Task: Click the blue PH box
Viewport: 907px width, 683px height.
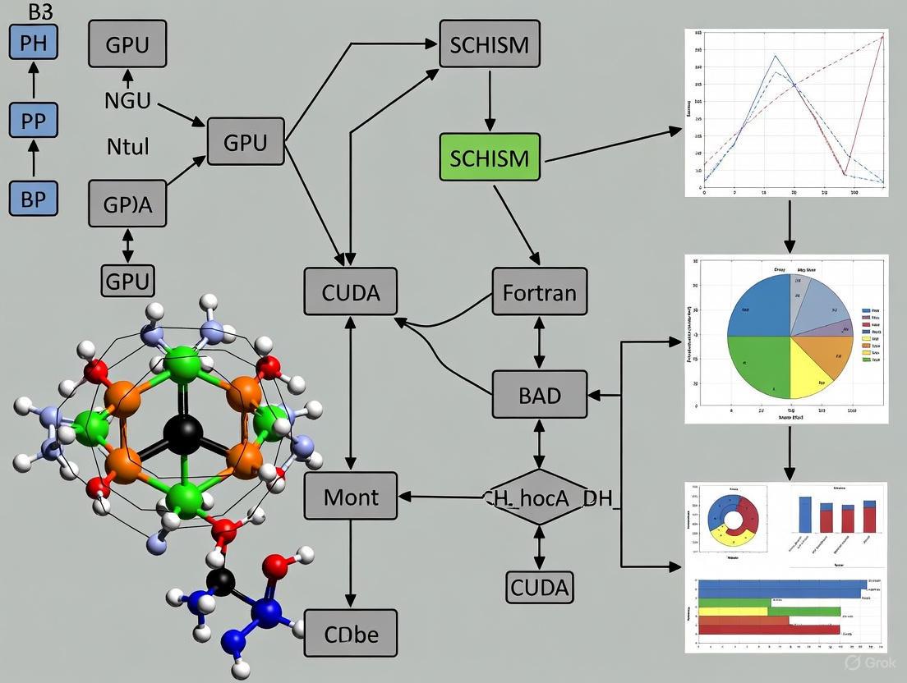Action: pyautogui.click(x=34, y=42)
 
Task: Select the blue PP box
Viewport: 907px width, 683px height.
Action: pyautogui.click(x=34, y=120)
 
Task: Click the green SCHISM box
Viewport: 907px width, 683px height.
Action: pyautogui.click(x=490, y=157)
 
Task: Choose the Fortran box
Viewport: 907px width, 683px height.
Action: pyautogui.click(x=540, y=291)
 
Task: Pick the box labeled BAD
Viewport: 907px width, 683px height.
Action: pyautogui.click(x=540, y=395)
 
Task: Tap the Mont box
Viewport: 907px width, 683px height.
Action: pyautogui.click(x=351, y=497)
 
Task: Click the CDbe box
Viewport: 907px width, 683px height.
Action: pyautogui.click(x=351, y=633)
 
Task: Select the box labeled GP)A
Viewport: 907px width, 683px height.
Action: pyautogui.click(x=127, y=203)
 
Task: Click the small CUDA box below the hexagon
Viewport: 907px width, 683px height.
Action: pyautogui.click(x=540, y=587)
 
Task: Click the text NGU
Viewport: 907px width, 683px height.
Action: pyautogui.click(x=127, y=101)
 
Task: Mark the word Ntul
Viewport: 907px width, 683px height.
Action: pyautogui.click(x=128, y=148)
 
